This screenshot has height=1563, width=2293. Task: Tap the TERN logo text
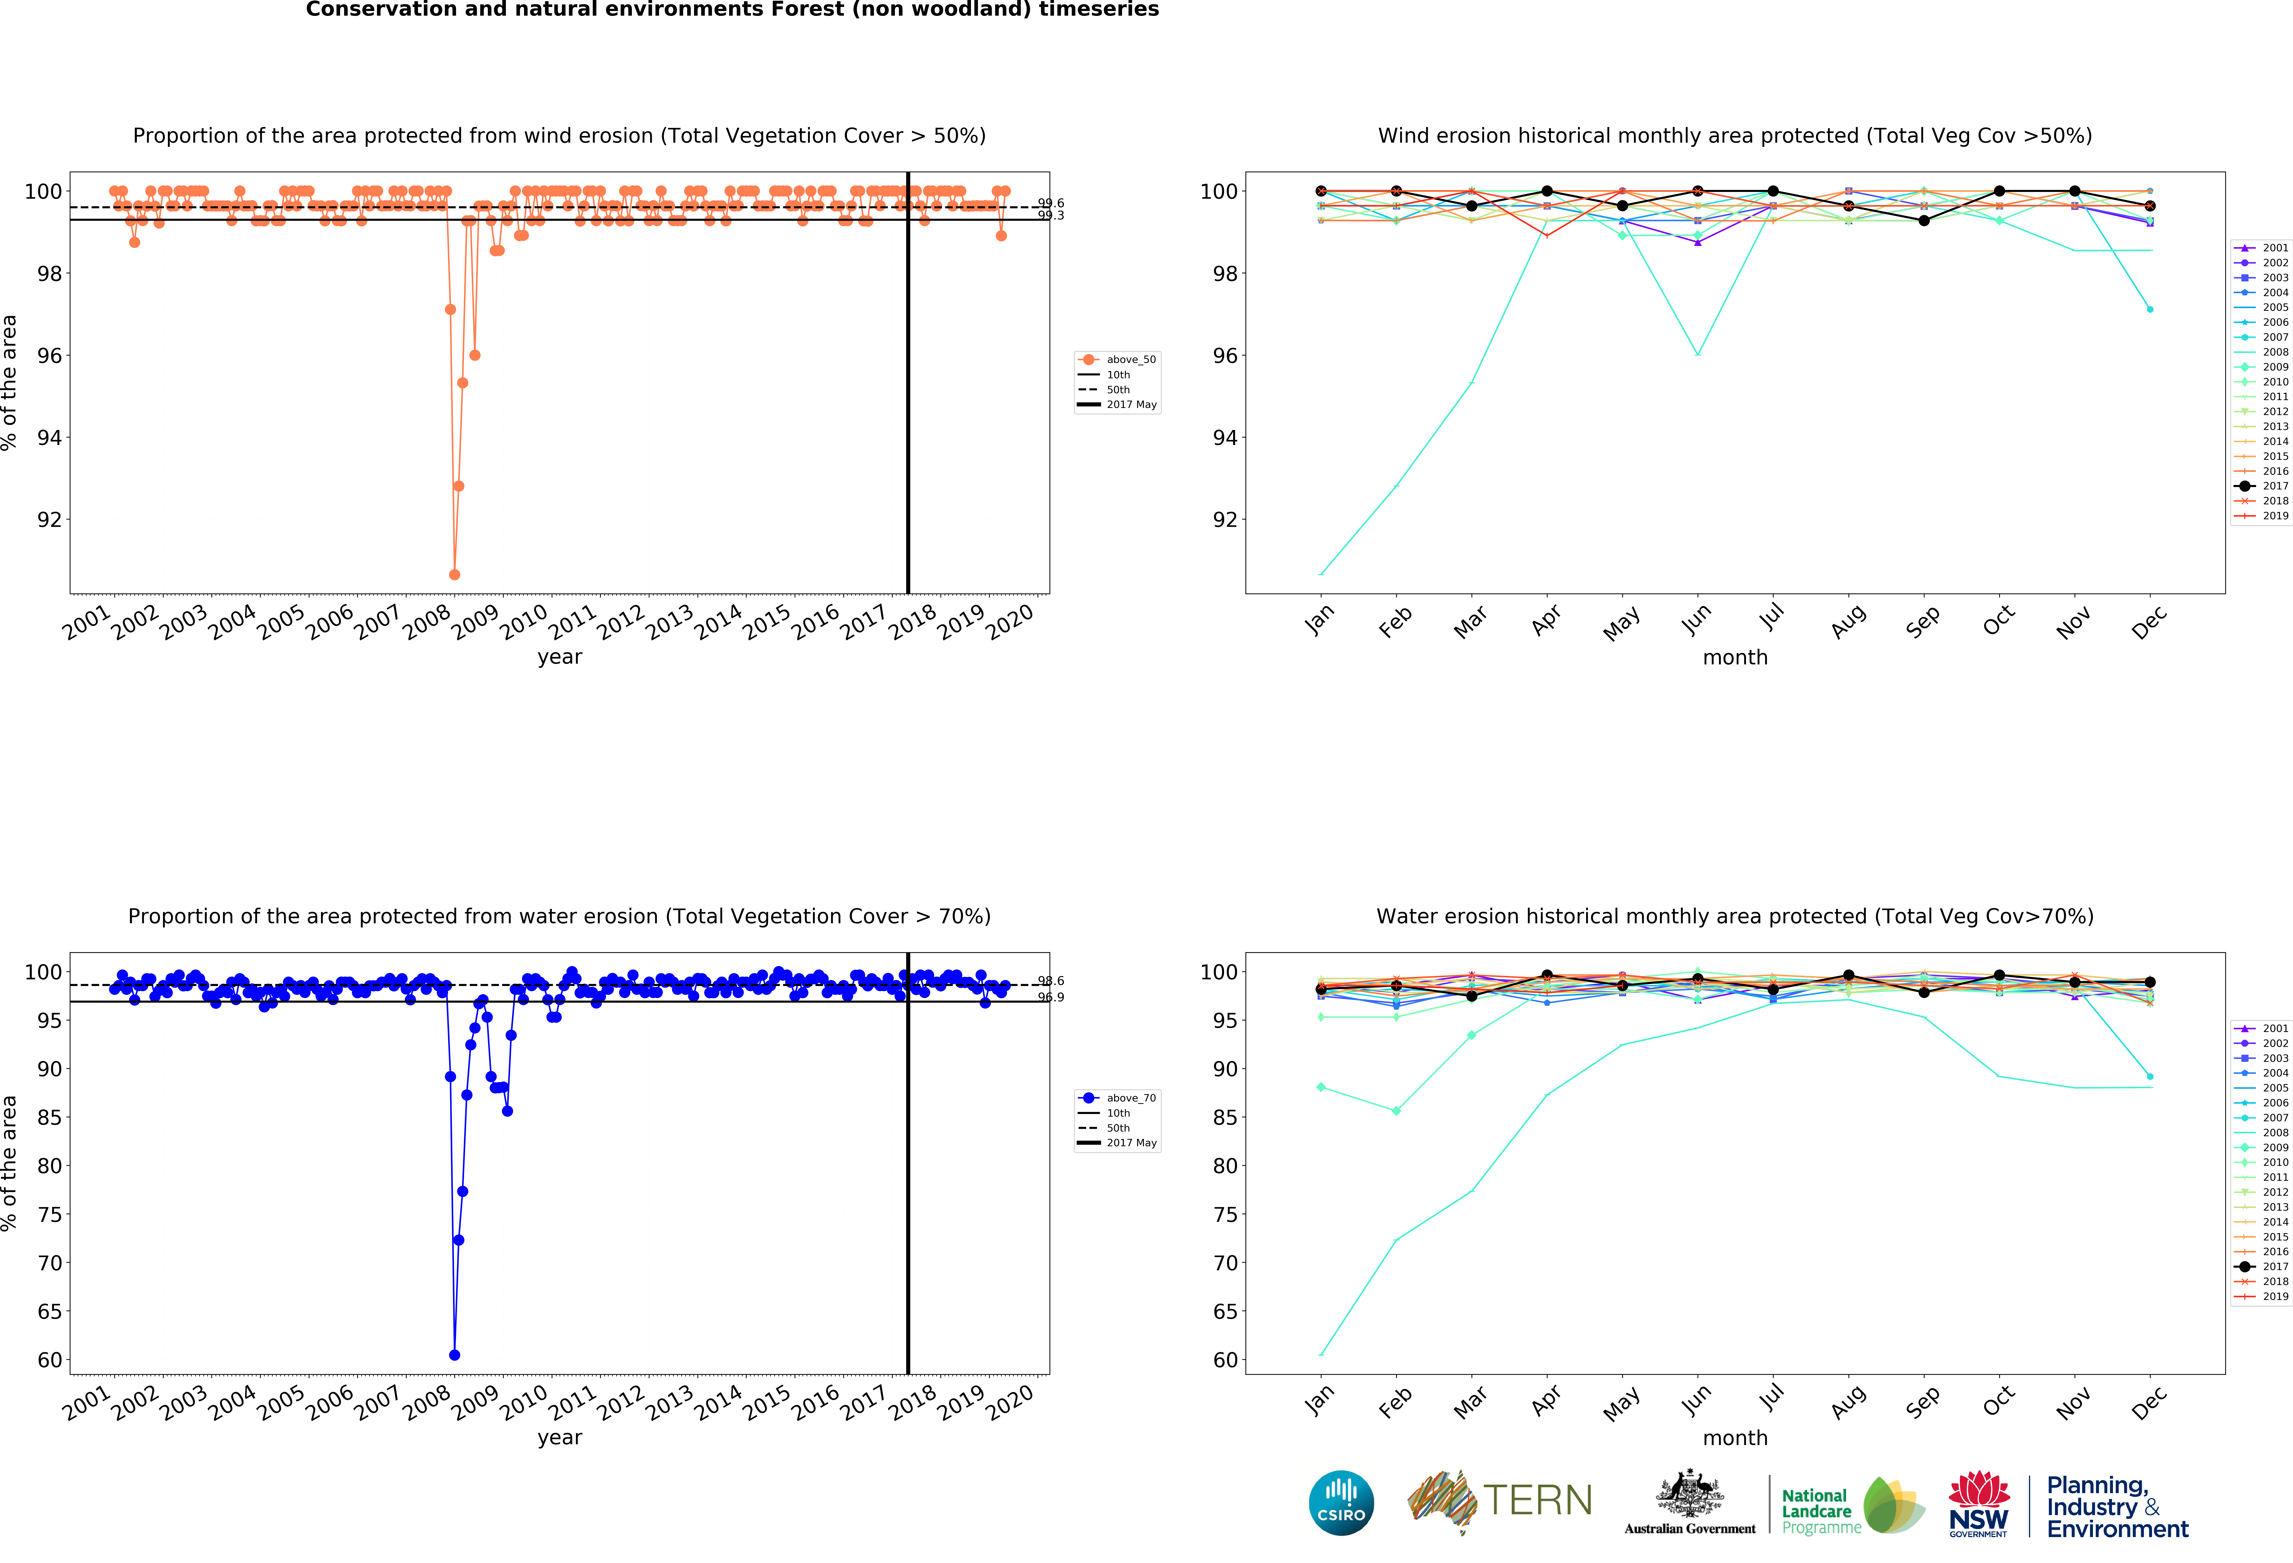click(1537, 1501)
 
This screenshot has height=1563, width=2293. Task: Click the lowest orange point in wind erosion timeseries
click(454, 574)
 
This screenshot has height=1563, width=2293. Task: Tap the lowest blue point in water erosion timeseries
click(454, 1355)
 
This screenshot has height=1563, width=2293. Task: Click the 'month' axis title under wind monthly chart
click(1734, 657)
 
